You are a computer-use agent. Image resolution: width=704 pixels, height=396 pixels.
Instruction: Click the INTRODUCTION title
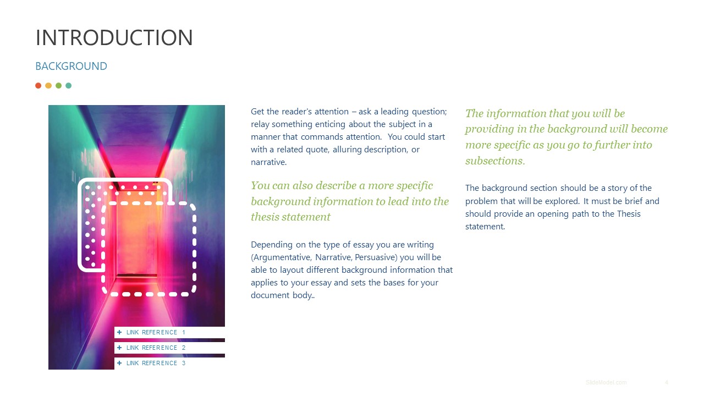click(114, 37)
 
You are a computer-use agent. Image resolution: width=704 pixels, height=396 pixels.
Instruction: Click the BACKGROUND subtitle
click(71, 67)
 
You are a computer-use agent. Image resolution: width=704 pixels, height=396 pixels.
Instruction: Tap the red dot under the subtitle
click(38, 86)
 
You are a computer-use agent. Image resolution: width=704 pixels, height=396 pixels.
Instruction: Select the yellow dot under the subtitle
click(48, 86)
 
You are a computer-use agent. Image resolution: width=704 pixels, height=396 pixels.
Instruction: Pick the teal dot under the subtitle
click(69, 86)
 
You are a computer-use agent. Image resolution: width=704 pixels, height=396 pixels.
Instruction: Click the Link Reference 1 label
click(156, 332)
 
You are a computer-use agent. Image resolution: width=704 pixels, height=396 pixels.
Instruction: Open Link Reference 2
click(156, 348)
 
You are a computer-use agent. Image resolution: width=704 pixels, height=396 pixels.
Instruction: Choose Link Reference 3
click(156, 363)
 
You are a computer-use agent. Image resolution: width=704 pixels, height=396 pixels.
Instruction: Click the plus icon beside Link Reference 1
click(119, 332)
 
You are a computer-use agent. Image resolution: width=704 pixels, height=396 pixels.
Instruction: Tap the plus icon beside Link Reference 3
click(119, 363)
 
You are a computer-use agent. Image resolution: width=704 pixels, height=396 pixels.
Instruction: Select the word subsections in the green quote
click(494, 161)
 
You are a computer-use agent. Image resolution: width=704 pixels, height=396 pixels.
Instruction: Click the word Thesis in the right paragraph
click(629, 213)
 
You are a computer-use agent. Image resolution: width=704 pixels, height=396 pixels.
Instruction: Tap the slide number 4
click(667, 382)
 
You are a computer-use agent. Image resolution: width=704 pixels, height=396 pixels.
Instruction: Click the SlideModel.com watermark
click(606, 382)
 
